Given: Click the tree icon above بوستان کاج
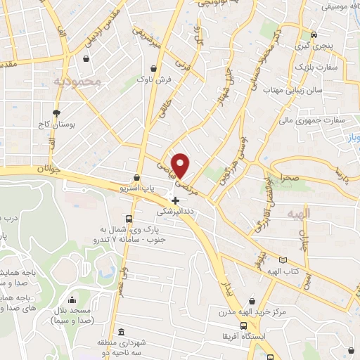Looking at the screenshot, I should pos(56,113).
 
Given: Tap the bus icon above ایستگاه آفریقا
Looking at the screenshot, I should pos(243,326).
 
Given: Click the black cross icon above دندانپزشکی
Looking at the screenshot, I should pos(175,200).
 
